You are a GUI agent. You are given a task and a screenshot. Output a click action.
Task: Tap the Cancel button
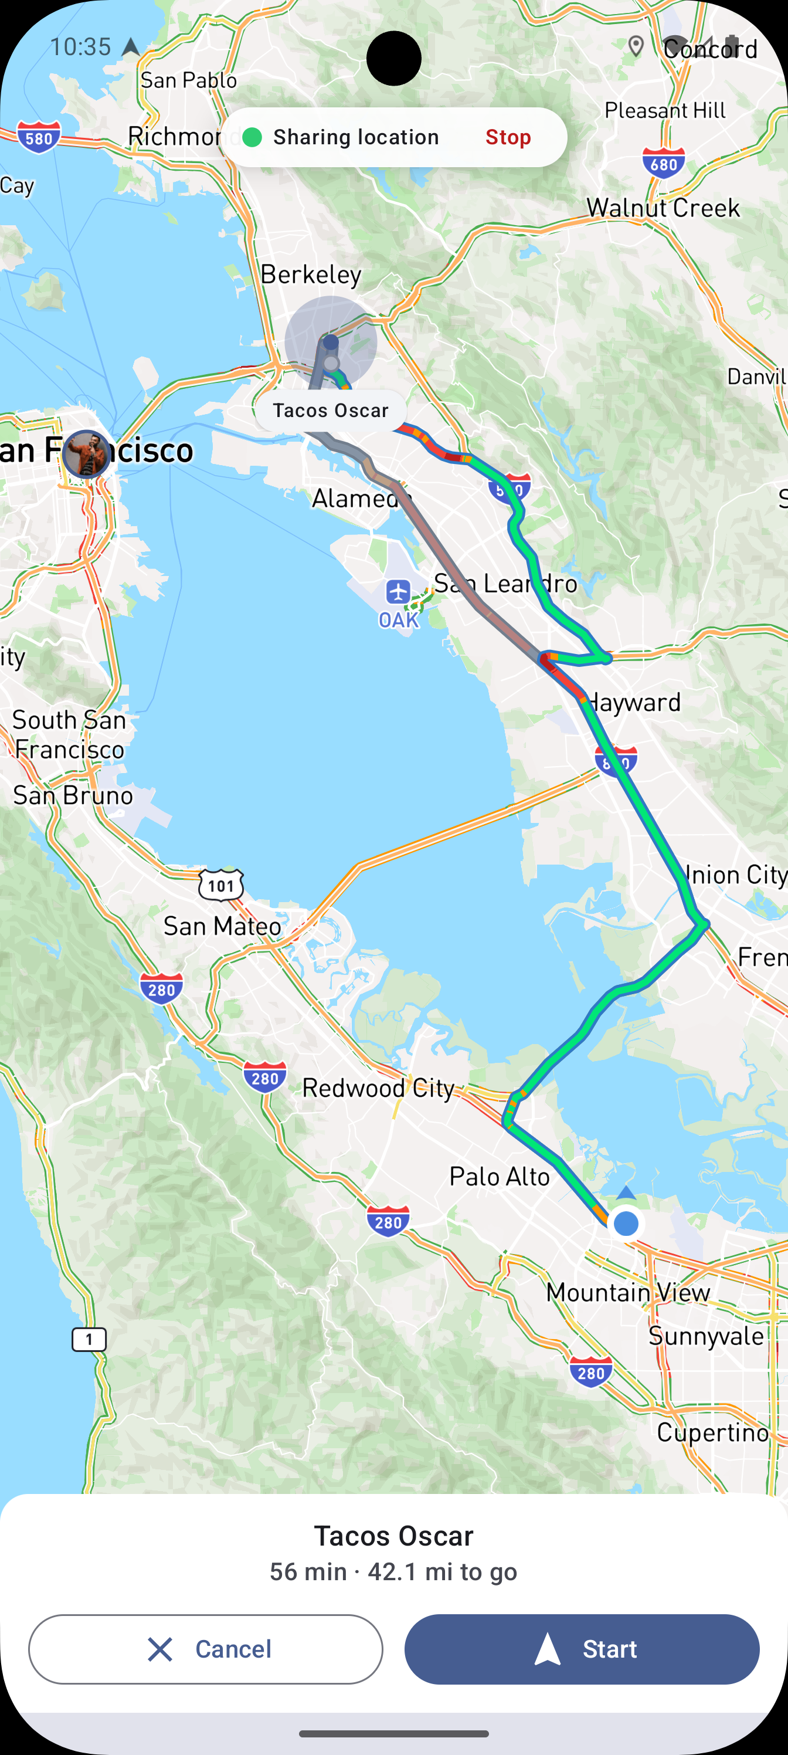tap(206, 1649)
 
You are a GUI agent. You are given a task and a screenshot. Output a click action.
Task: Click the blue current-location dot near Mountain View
tap(625, 1224)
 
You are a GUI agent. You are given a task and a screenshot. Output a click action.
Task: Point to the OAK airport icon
tap(398, 591)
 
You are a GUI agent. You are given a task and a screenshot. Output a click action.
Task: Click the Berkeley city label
tap(311, 275)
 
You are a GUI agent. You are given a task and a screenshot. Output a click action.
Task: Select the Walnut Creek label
tap(663, 208)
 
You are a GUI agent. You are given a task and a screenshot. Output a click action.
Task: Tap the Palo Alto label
tap(499, 1177)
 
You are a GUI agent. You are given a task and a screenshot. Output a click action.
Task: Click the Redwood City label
tap(378, 1088)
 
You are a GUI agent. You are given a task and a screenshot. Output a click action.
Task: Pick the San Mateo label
tap(222, 926)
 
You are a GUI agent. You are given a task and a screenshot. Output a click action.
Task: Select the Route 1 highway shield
tap(89, 1339)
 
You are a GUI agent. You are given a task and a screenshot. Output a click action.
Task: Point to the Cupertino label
tap(712, 1432)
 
